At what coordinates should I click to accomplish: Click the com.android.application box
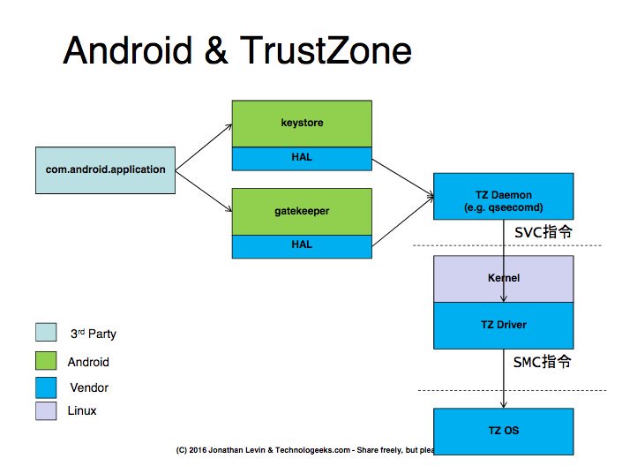(x=106, y=169)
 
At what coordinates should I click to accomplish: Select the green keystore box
(x=302, y=124)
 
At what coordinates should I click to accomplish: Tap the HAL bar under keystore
(x=302, y=158)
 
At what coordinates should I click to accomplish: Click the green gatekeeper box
(x=302, y=212)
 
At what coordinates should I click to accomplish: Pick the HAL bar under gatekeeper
(x=302, y=246)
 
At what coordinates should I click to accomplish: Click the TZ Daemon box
(x=503, y=197)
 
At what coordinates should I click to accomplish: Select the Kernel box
(x=503, y=278)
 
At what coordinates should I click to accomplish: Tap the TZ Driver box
(x=503, y=325)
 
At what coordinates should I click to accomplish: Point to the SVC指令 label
(x=543, y=233)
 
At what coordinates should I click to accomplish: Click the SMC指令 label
(x=543, y=362)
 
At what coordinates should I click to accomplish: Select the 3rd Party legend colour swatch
(x=47, y=333)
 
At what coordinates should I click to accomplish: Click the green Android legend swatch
(x=47, y=361)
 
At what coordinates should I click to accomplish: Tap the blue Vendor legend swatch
(x=47, y=387)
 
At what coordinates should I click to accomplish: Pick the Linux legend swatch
(x=47, y=411)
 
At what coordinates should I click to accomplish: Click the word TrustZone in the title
(x=323, y=51)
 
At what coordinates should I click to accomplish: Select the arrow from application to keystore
(x=203, y=146)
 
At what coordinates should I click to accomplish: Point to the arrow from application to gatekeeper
(x=203, y=191)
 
